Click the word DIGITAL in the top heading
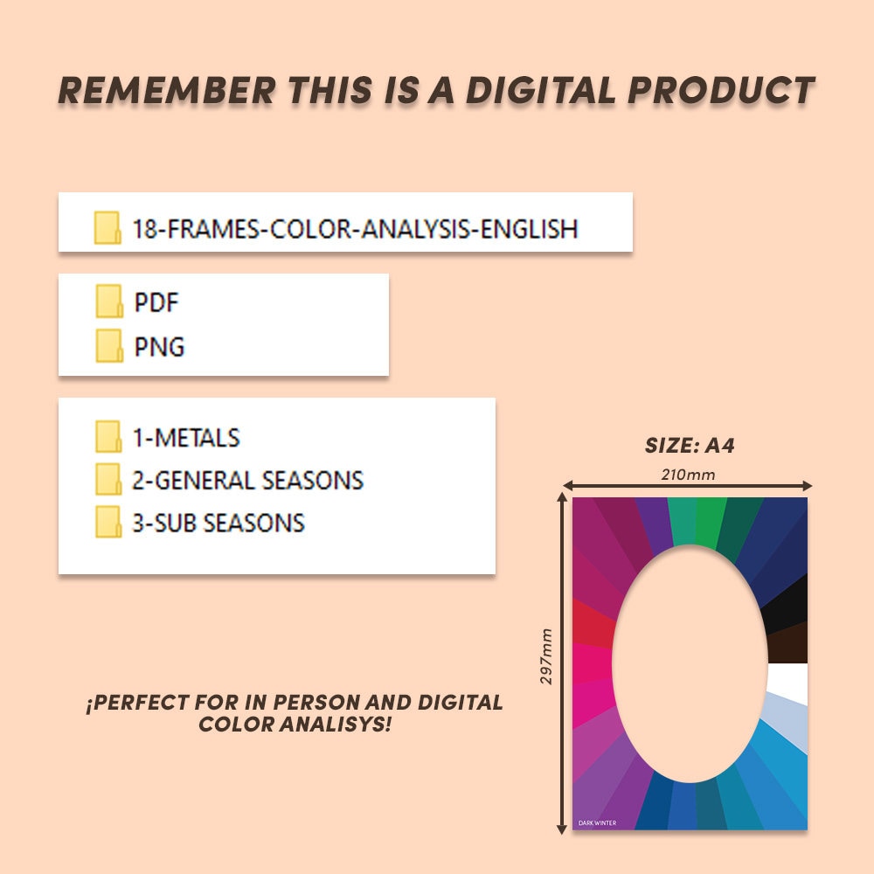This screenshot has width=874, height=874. [x=551, y=90]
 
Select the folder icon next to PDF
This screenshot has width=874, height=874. [x=108, y=302]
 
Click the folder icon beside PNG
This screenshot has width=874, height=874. [x=108, y=345]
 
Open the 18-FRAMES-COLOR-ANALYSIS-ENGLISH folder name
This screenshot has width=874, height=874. [x=355, y=229]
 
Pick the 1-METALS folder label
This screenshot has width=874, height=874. [x=186, y=437]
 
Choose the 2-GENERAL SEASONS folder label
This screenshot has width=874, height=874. [x=247, y=480]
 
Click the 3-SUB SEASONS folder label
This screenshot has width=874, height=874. [x=218, y=523]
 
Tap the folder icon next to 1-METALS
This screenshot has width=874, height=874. [x=108, y=436]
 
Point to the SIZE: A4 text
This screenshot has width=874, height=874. [x=690, y=445]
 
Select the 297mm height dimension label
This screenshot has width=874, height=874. [x=547, y=656]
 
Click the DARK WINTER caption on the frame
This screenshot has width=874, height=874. [x=597, y=822]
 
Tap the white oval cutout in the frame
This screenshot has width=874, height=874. [x=690, y=664]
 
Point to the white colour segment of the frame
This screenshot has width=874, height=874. [x=789, y=683]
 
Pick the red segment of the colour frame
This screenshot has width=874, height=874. [x=592, y=623]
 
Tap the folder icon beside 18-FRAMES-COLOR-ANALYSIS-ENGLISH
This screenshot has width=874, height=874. [x=108, y=228]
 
